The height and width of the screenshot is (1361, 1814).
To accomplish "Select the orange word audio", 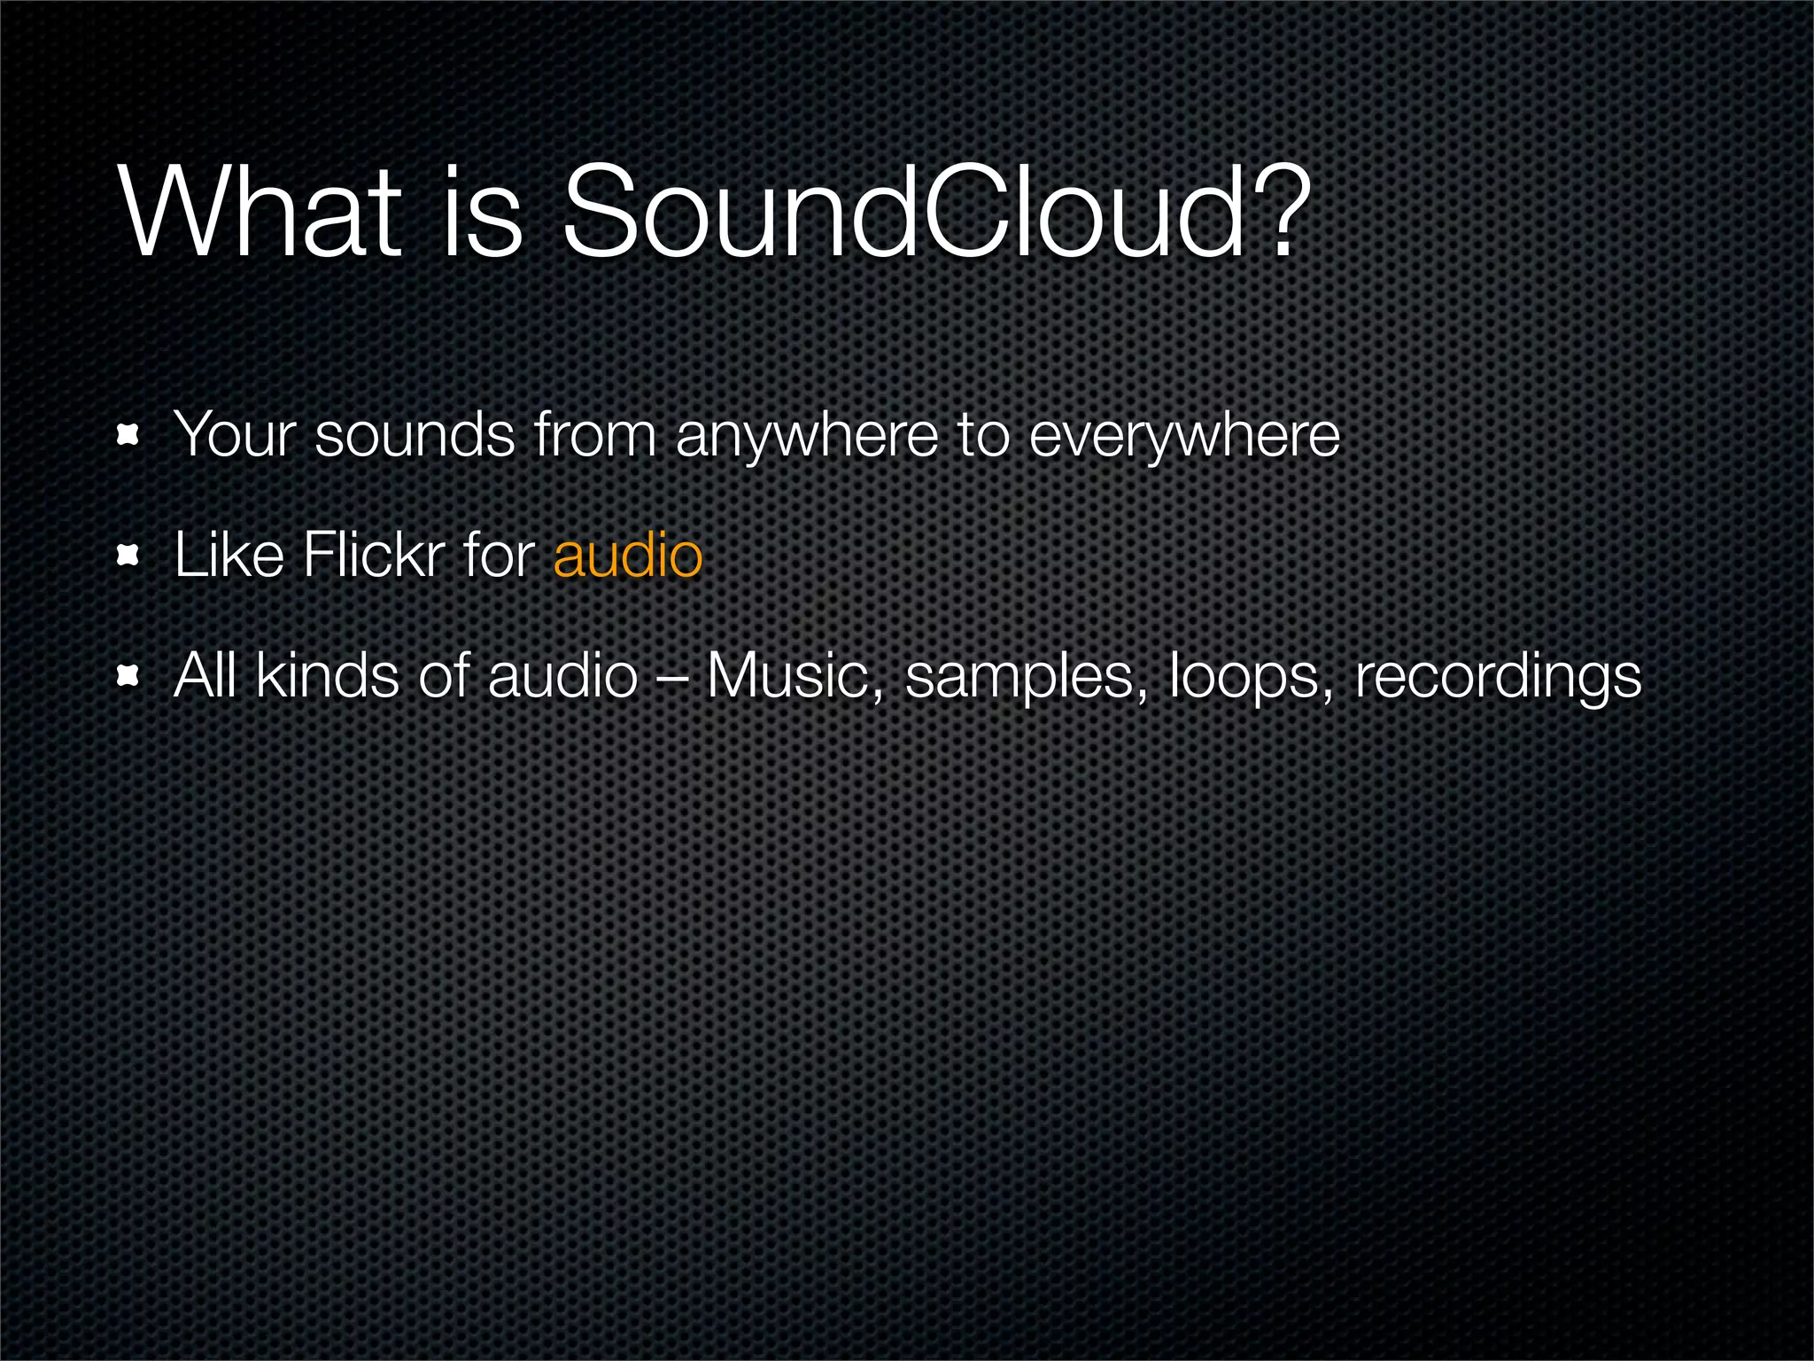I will [627, 556].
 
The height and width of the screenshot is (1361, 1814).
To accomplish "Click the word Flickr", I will [373, 556].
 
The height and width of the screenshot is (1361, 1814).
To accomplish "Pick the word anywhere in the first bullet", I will [806, 436].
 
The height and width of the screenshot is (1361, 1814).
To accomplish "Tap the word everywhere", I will [1184, 436].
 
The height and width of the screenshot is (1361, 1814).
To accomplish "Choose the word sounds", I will [415, 436].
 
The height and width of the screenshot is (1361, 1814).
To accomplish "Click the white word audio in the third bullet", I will [562, 676].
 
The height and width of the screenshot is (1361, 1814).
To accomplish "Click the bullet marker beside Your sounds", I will [128, 435].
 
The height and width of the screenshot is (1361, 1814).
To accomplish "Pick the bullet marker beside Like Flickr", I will [128, 556].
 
